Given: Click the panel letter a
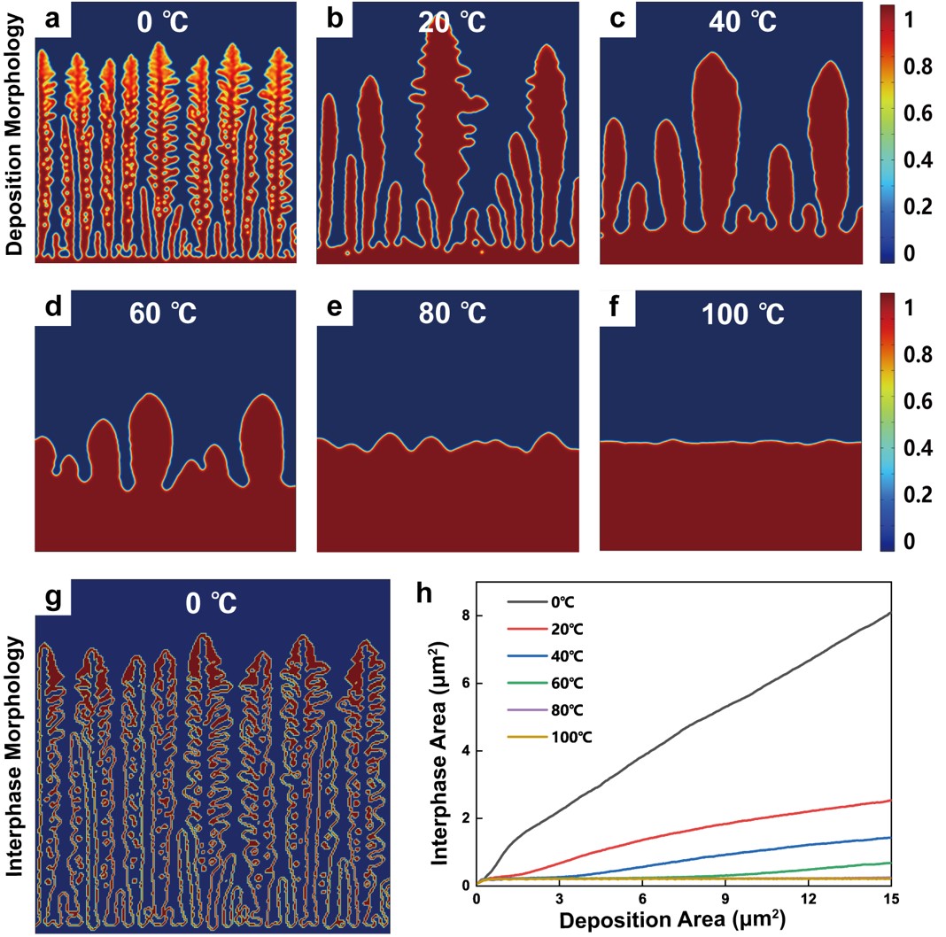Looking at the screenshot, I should (53, 20).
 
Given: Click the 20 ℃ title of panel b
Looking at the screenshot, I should (452, 21).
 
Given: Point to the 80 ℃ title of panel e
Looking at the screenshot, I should (453, 314).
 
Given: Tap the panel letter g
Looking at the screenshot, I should (53, 600).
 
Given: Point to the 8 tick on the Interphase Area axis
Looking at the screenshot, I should (463, 615).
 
